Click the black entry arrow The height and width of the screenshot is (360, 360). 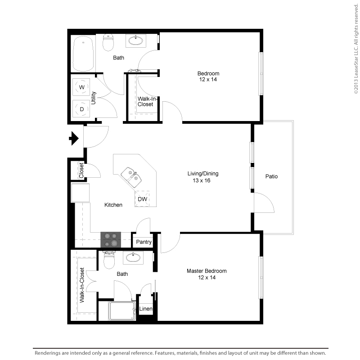[x=73, y=138]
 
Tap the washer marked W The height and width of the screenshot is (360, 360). [x=82, y=86]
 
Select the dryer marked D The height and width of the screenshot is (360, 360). [x=82, y=109]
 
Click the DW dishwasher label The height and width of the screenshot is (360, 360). [x=142, y=199]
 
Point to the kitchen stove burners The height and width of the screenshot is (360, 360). [x=111, y=239]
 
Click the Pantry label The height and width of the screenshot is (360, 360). [x=144, y=242]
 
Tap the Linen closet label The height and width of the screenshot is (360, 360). [x=146, y=309]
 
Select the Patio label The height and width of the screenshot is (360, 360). [x=271, y=176]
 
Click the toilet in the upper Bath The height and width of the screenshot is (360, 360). [x=109, y=43]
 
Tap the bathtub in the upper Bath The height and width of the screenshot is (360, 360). [x=83, y=53]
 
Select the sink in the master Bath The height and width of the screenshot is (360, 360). [x=132, y=258]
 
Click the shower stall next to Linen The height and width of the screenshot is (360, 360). [x=122, y=311]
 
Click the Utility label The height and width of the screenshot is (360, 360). [x=94, y=98]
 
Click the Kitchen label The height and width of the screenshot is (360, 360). [x=113, y=205]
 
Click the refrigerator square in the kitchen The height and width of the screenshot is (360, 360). [x=80, y=193]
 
